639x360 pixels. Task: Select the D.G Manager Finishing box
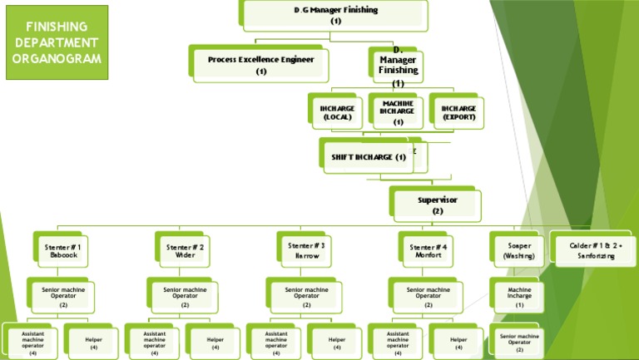(335, 15)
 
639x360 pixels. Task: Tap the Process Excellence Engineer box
(260, 65)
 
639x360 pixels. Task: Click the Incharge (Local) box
(337, 112)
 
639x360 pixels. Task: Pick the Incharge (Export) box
(458, 112)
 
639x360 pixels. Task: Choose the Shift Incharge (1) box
(368, 156)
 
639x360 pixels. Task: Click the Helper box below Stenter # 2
(215, 342)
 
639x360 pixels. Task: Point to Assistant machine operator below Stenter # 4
(398, 342)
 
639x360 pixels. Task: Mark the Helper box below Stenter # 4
(458, 342)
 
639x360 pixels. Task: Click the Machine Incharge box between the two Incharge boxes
(398, 112)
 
